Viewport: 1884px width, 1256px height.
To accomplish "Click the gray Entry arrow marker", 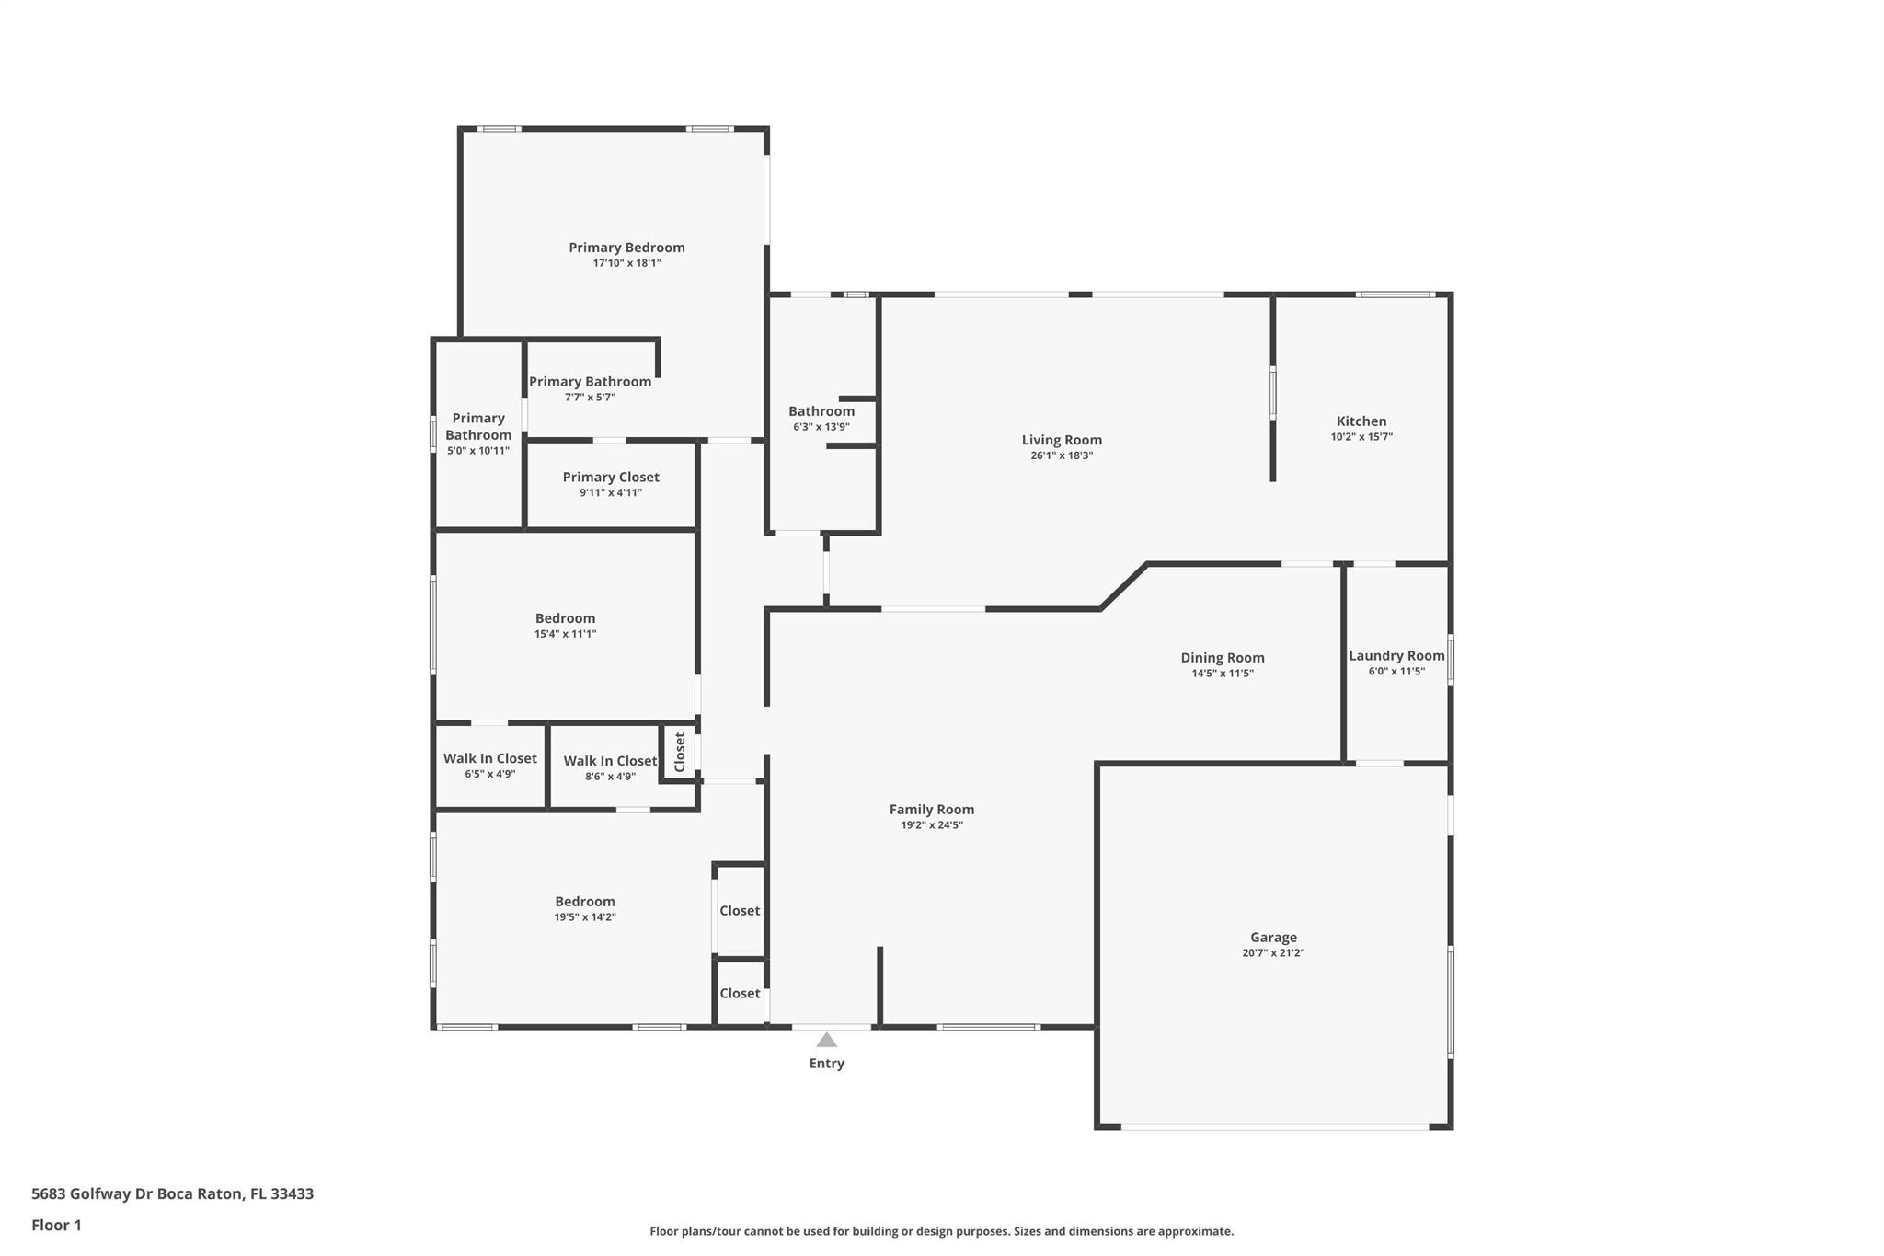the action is coord(826,1040).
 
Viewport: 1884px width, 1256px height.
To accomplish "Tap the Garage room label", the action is coord(1273,938).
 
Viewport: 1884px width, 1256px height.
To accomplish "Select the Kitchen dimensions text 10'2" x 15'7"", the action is coord(1361,437).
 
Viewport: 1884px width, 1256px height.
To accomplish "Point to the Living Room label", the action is coord(1062,441).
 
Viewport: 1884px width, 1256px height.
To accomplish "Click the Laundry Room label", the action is coord(1396,656).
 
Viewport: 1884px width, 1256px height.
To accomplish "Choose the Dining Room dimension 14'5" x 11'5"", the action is coord(1223,674).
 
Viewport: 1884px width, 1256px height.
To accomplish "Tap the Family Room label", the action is coord(932,810).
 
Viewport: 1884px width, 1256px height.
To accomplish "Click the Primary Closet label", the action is coord(611,478).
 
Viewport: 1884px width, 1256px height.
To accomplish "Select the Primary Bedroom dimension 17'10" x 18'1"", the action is coord(626,263).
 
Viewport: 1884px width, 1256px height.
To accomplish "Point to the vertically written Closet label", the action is coord(680,752).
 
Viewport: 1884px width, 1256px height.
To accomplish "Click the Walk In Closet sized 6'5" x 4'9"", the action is coord(490,759).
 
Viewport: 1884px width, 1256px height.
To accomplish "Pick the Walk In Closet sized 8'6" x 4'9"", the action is coord(610,761).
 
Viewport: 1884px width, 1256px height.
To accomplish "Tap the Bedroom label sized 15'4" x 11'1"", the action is coord(566,619).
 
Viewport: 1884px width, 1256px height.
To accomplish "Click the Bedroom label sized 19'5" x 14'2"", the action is coord(585,902).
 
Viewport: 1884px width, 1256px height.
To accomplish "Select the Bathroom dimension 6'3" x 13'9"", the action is coord(821,427).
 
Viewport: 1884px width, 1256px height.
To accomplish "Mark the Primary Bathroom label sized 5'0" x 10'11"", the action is coord(478,427).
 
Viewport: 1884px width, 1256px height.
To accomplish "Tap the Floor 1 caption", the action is coord(56,1226).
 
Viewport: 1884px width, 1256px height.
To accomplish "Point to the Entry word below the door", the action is coord(826,1064).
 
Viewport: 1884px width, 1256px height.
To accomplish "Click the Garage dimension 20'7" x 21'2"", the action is coord(1273,953).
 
